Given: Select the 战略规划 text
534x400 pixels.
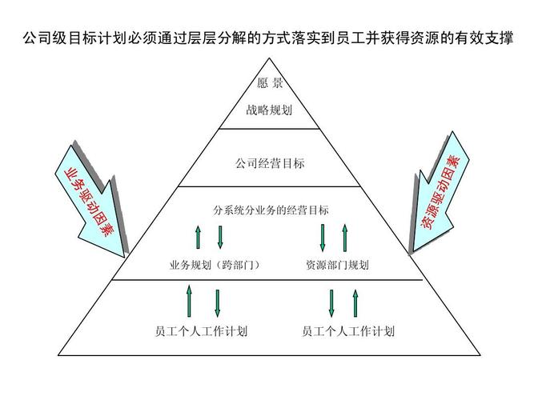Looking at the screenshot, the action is [269, 110].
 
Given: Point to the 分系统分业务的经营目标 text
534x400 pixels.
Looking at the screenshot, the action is [271, 211].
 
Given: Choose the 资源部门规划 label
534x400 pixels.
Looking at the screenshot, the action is [337, 265].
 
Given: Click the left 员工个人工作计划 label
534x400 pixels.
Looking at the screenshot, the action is [201, 330].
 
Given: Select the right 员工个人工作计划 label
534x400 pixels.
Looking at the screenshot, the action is [349, 330].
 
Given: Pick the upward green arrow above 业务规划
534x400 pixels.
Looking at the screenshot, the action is [197, 237].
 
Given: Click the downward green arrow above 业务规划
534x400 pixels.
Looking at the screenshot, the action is [220, 237].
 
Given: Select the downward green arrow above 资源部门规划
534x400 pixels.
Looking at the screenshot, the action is [322, 238].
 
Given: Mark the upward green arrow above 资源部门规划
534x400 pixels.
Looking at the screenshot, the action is [345, 238].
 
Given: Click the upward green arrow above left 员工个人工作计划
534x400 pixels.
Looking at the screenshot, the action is [190, 300].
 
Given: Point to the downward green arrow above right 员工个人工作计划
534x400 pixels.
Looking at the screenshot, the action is [331, 302].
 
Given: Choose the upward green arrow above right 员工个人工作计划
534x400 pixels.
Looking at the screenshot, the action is [355, 302].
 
